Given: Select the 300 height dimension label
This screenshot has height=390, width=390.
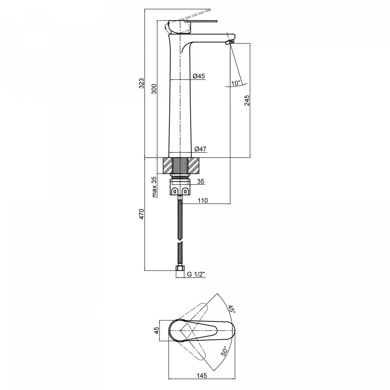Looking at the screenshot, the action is tap(154, 89).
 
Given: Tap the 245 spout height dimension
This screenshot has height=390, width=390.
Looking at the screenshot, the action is tap(247, 100).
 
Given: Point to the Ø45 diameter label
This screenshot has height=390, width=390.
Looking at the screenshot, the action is tap(199, 76).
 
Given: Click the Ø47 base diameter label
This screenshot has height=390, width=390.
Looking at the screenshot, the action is tap(201, 149).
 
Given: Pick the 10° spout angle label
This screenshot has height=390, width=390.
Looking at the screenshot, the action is tap(236, 83).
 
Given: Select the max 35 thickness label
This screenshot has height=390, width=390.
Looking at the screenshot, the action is tap(154, 187).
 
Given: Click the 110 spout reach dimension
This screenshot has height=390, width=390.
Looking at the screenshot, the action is tap(202, 201).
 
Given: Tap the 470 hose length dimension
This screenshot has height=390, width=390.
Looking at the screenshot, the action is tap(142, 214).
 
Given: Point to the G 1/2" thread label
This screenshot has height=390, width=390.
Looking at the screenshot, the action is tap(196, 274).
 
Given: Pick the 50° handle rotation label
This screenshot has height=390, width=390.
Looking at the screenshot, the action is tap(224, 351).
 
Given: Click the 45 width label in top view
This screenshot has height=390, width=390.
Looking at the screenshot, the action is tap(156, 330).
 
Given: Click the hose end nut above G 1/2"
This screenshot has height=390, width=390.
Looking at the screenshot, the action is tap(180, 268).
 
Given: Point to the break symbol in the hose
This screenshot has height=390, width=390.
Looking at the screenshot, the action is tap(180, 243).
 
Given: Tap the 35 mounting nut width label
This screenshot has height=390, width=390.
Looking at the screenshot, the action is tap(201, 181).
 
